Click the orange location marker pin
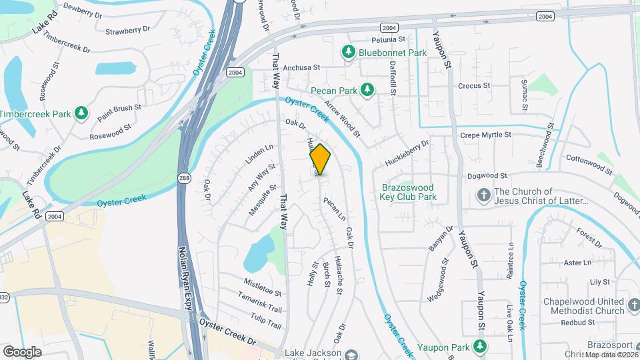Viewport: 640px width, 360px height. pyautogui.click(x=320, y=159)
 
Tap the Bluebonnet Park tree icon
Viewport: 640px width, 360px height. pyautogui.click(x=348, y=51)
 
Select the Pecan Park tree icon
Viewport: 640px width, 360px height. pyautogui.click(x=367, y=89)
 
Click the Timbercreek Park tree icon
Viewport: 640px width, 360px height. pyautogui.click(x=81, y=113)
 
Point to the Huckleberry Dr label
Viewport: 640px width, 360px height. pyautogui.click(x=406, y=154)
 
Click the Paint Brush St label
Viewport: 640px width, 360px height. pyautogui.click(x=119, y=112)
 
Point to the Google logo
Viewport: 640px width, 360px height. pyautogui.click(x=23, y=351)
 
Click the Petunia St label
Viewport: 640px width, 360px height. pyautogui.click(x=370, y=39)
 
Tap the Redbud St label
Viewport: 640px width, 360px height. pyautogui.click(x=577, y=322)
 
